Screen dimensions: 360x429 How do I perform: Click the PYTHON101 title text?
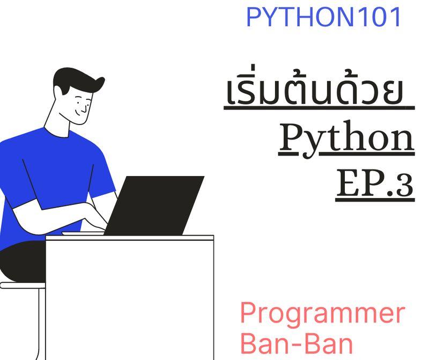tap(323, 17)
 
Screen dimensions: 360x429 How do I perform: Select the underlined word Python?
tap(346, 138)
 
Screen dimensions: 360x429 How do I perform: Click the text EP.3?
tap(375, 183)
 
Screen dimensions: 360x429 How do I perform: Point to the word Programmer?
tap(322, 314)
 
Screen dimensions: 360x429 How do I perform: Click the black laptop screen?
tap(156, 204)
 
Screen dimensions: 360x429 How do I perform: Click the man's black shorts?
tap(21, 263)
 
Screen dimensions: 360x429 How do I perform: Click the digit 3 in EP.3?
tap(405, 185)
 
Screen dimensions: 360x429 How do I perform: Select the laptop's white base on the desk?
tap(83, 233)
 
